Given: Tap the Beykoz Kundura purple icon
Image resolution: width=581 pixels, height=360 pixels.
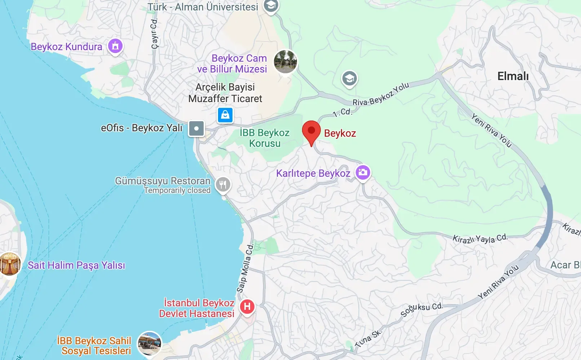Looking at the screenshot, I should [x=115, y=46].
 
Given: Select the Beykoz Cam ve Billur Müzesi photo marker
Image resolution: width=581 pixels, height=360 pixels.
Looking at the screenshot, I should [x=285, y=61].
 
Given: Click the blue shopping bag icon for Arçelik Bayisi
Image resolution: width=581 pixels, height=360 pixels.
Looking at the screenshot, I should [x=225, y=115].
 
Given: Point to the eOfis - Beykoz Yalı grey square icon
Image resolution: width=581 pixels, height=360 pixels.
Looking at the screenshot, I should [x=196, y=128].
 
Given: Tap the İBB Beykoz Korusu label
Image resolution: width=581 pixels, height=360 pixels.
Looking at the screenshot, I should [x=265, y=138].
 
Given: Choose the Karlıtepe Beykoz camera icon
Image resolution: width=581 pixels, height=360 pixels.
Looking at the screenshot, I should [x=363, y=172].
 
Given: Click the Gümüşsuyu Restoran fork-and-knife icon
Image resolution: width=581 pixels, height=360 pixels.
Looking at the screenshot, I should [x=223, y=185].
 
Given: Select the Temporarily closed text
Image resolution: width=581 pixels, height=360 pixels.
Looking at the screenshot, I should [x=177, y=190].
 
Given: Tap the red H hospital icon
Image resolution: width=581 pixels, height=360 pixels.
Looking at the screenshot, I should [x=247, y=307].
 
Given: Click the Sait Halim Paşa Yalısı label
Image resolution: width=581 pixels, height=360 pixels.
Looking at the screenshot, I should [x=76, y=265].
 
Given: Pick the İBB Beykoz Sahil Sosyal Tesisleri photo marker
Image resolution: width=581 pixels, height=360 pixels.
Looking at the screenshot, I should [x=150, y=343].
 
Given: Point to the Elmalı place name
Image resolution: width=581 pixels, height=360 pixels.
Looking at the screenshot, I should [x=513, y=76].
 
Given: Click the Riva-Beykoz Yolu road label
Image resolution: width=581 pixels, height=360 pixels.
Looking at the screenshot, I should [x=381, y=95].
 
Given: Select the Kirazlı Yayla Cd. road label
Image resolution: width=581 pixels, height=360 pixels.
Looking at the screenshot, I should [x=480, y=238].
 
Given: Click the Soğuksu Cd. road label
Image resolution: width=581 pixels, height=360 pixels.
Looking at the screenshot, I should [x=421, y=309].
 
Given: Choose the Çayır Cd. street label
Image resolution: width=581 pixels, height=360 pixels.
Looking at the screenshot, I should [x=154, y=34].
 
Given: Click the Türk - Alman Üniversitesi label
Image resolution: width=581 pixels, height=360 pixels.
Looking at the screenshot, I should [x=203, y=7].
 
